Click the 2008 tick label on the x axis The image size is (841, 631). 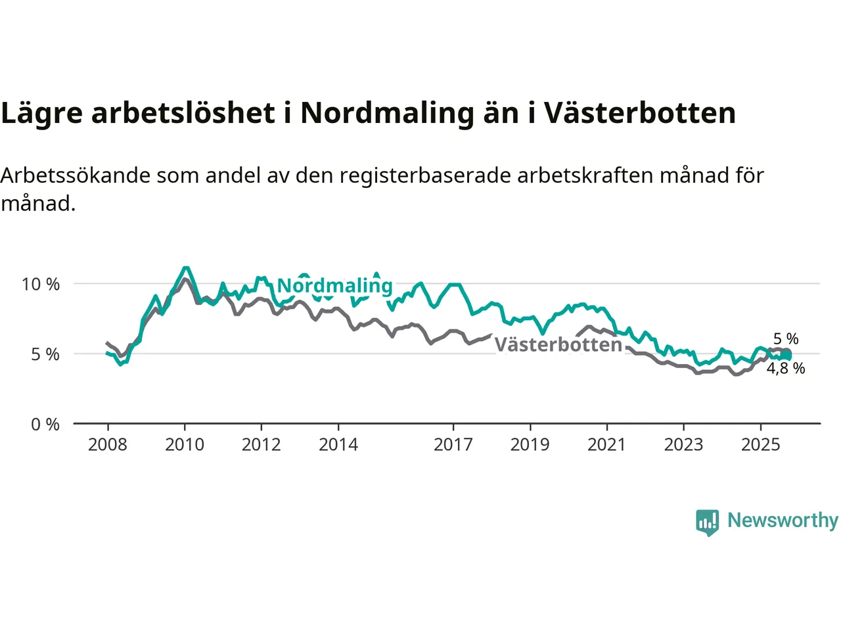click(x=108, y=445)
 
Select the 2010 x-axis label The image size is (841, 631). click(x=185, y=445)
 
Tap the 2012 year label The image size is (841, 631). click(x=261, y=445)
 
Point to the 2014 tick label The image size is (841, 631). click(x=338, y=445)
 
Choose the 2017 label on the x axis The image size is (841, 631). click(x=453, y=445)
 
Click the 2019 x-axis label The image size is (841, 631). click(x=530, y=445)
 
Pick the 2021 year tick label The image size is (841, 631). click(x=606, y=445)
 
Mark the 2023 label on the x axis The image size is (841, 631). click(x=683, y=445)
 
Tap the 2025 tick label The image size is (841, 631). click(x=760, y=445)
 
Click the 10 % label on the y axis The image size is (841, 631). click(x=41, y=285)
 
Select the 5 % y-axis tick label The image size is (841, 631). click(x=45, y=354)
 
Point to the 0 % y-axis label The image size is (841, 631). click(x=45, y=425)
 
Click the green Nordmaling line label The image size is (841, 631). click(x=335, y=286)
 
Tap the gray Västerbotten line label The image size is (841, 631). click(x=558, y=344)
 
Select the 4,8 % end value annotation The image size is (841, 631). click(x=786, y=369)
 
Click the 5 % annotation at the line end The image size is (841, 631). click(x=786, y=339)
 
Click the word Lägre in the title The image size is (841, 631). click(x=42, y=114)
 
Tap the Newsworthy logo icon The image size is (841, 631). click(x=708, y=522)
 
